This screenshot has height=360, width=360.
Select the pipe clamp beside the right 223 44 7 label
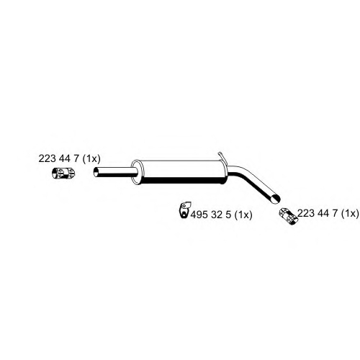(x=288, y=216)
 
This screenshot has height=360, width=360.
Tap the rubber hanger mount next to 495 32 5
(x=185, y=210)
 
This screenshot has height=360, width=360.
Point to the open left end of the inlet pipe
(x=96, y=173)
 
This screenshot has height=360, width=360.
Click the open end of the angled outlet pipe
(x=275, y=199)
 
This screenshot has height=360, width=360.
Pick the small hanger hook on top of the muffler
(x=221, y=157)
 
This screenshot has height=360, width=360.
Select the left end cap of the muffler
(x=136, y=172)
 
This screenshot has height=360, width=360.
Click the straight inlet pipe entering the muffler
(x=115, y=173)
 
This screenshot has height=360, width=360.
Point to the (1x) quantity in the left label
(x=91, y=158)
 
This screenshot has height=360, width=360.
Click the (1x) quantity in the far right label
(x=350, y=213)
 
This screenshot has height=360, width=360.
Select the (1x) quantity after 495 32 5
(x=243, y=215)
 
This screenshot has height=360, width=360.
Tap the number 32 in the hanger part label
(x=217, y=215)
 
